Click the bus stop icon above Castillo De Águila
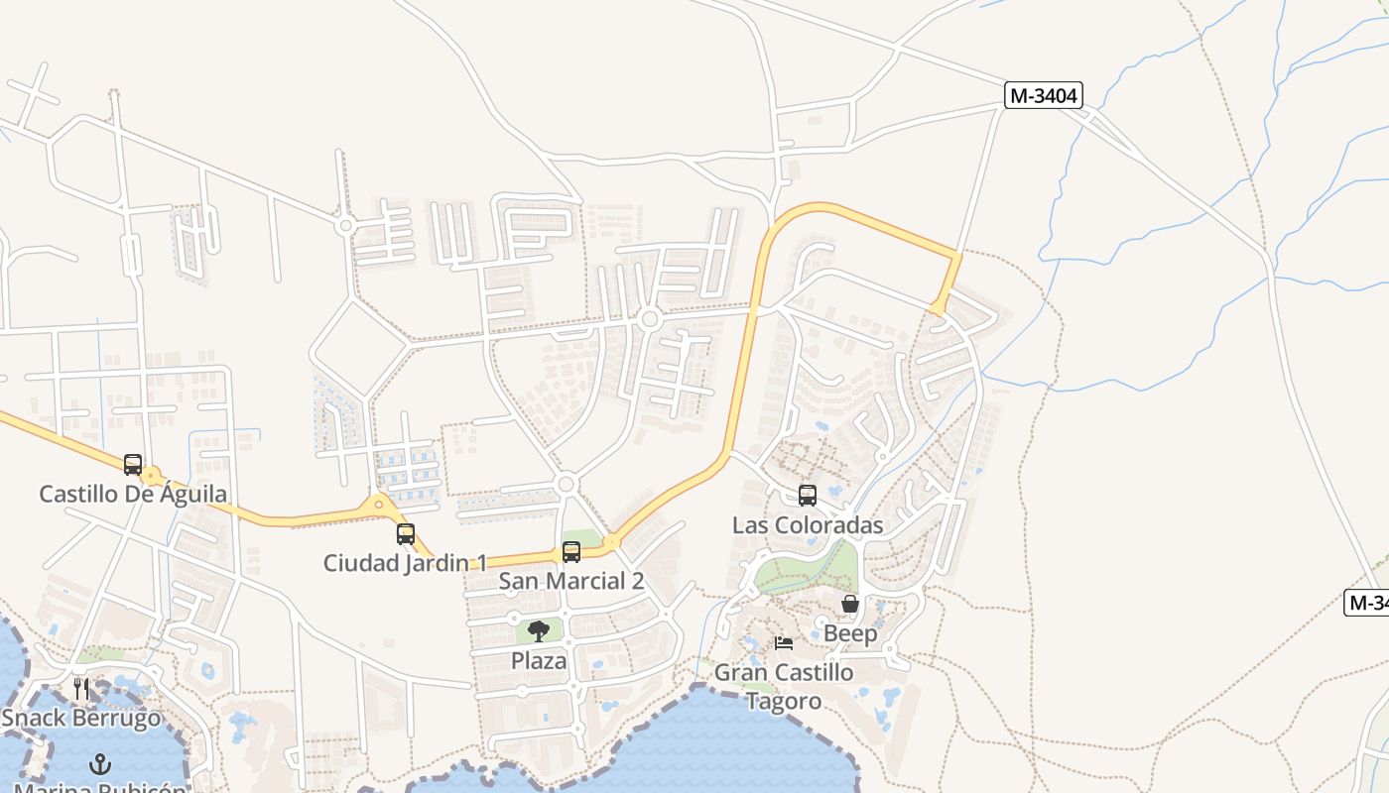133,464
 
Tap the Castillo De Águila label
133,494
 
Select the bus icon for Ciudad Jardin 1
405,534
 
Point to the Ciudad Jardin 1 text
405,563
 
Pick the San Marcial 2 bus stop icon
571,552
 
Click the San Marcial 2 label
571,581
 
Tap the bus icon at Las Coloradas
808,496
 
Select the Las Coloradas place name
808,525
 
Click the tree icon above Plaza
539,631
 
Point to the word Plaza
539,661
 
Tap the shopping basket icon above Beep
850,604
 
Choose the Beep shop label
850,633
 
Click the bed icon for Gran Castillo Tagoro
784,643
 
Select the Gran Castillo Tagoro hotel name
784,686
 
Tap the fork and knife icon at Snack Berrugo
81,688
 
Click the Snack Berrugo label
81,718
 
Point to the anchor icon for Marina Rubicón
99,764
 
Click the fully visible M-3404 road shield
1043,95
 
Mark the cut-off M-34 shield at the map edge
1367,602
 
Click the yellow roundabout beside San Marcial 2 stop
611,542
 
